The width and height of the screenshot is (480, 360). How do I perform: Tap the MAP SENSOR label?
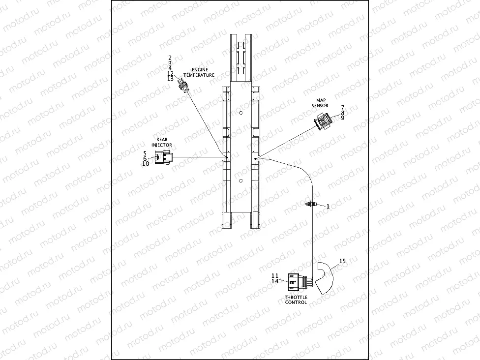[x=320, y=103]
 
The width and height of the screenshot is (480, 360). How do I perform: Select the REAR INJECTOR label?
[x=161, y=142]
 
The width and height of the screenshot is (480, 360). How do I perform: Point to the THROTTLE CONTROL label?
[x=296, y=300]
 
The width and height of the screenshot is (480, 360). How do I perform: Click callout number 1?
[x=328, y=207]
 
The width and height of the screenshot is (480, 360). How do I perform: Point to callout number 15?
[x=342, y=261]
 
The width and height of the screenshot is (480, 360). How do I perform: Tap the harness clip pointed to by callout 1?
[x=309, y=204]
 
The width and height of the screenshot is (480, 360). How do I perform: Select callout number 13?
[x=170, y=79]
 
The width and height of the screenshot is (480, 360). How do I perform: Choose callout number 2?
[x=170, y=58]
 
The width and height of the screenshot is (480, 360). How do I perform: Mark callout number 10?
[x=146, y=164]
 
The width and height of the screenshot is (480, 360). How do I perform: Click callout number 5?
[x=145, y=153]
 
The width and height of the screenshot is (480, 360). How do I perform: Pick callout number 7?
[x=342, y=107]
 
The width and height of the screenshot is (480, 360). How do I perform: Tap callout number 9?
[x=342, y=118]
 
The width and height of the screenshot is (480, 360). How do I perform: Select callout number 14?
[x=275, y=281]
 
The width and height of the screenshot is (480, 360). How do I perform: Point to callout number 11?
[x=275, y=276]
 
